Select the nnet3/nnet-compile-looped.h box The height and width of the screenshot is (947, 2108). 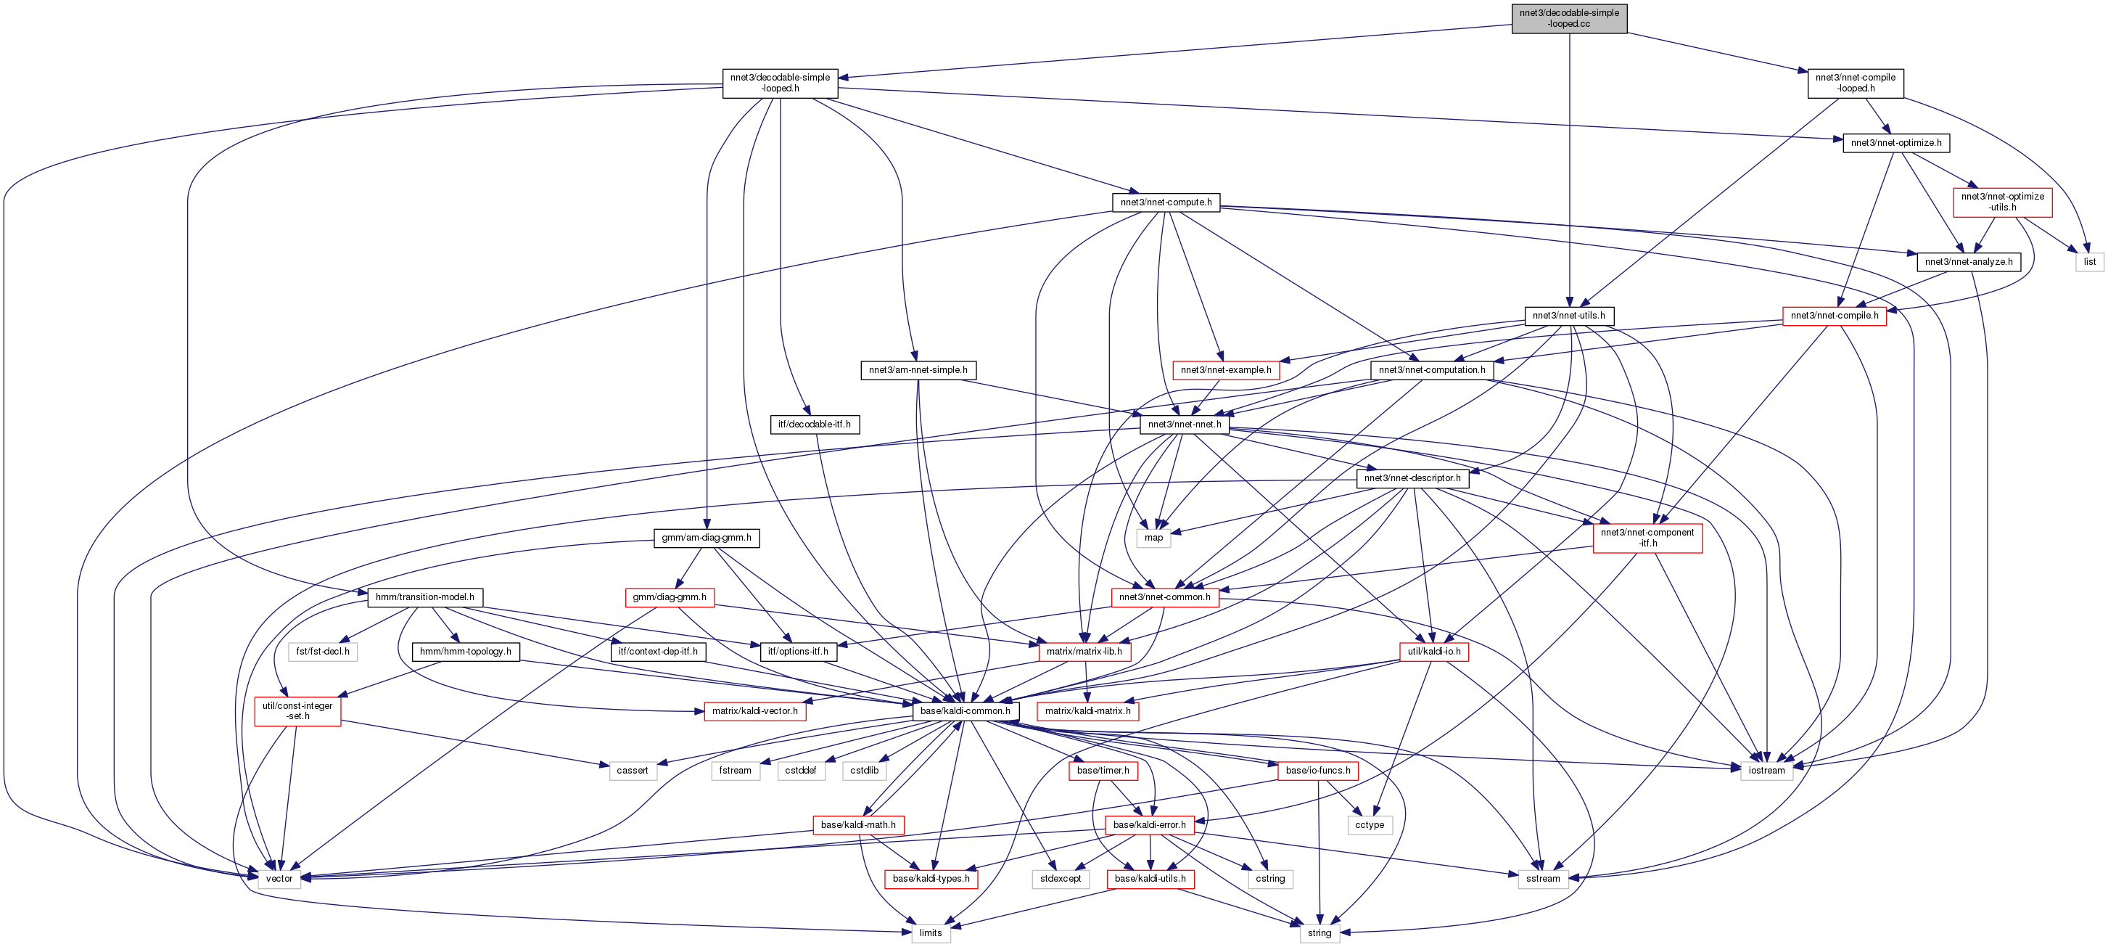tap(1855, 83)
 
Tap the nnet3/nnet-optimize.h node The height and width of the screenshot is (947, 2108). tap(1895, 142)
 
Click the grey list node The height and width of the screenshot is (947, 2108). tap(2089, 262)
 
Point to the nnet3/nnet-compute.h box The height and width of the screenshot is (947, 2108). tap(1165, 202)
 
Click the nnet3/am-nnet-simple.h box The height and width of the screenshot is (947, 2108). tap(918, 370)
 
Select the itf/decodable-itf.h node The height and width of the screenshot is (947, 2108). tap(813, 424)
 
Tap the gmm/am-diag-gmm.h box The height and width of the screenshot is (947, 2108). tap(707, 538)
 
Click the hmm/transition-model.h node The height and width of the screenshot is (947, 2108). tap(424, 597)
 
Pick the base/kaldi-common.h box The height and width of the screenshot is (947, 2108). tap(965, 710)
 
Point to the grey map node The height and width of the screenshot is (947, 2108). tap(1153, 538)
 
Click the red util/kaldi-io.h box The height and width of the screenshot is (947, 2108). tap(1433, 652)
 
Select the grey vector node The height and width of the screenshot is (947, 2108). tap(279, 878)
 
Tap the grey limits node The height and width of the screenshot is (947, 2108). tap(931, 932)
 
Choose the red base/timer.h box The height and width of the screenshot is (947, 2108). tap(1103, 770)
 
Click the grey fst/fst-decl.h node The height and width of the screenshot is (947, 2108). tap(322, 652)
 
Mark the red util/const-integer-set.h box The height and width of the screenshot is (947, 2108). tap(297, 710)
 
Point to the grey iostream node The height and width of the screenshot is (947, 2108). tap(1766, 770)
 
